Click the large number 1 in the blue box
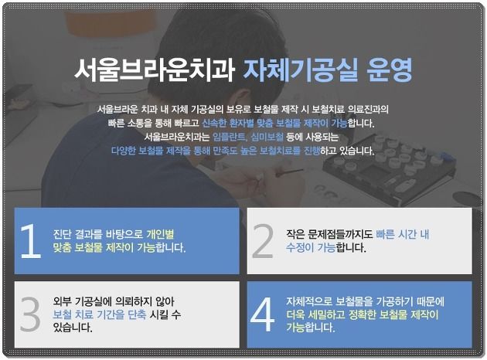pyautogui.click(x=30, y=241)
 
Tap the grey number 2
pyautogui.click(x=263, y=241)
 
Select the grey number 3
pyautogui.click(x=30, y=314)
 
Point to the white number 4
pyautogui.click(x=263, y=314)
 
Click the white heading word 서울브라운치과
pyautogui.click(x=155, y=70)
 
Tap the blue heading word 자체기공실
pyautogui.click(x=301, y=70)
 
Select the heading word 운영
pyautogui.click(x=390, y=70)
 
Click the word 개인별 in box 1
pyautogui.click(x=160, y=234)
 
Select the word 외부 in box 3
pyautogui.click(x=63, y=301)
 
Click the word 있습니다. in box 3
pyautogui.click(x=73, y=328)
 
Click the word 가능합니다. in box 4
pyautogui.click(x=311, y=328)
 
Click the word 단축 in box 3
pyautogui.click(x=137, y=314)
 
